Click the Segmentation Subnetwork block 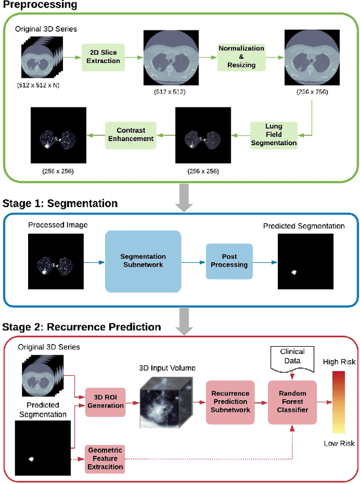click(143, 260)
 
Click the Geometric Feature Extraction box click(106, 458)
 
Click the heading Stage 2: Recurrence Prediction click(82, 327)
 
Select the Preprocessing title click(39, 5)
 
